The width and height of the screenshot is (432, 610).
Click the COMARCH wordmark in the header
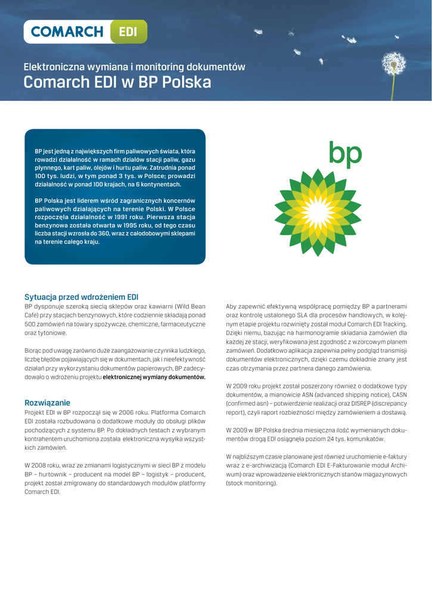(x=67, y=32)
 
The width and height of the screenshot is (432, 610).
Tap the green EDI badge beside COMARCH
(x=128, y=32)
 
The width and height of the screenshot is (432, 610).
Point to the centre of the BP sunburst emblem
(x=318, y=212)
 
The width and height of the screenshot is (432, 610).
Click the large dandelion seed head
(x=393, y=62)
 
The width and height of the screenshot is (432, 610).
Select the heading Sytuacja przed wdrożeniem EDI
(x=81, y=297)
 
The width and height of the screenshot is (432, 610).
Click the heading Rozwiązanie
(x=47, y=403)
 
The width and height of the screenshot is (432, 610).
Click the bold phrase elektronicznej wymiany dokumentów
(x=154, y=377)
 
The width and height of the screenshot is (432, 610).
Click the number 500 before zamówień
(x=32, y=324)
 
